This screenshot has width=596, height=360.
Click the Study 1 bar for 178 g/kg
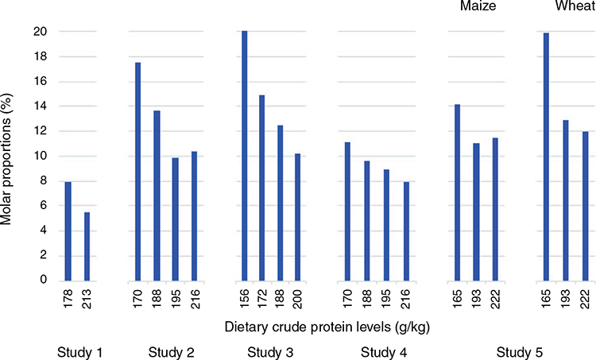click(x=68, y=231)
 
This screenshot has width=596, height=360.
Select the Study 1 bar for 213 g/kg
click(x=87, y=246)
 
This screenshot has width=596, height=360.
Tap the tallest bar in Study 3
click(x=245, y=156)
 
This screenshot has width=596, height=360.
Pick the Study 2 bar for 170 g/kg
click(x=137, y=172)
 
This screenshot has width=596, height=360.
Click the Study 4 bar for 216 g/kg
click(x=406, y=231)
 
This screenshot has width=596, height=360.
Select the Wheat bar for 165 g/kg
click(x=546, y=157)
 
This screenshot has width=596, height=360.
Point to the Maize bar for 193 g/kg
click(x=476, y=212)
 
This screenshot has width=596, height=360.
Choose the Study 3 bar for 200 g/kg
click(x=298, y=218)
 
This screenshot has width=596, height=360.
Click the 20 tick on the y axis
click(x=40, y=32)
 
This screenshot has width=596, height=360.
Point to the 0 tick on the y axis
click(x=44, y=280)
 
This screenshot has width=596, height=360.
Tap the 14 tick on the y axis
click(x=40, y=106)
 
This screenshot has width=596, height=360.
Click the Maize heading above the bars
click(x=478, y=6)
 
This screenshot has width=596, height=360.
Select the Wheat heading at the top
click(x=575, y=6)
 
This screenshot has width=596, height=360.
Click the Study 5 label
click(x=519, y=352)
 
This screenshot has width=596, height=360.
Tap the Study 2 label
click(x=171, y=352)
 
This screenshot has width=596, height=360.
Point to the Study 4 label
click(x=384, y=352)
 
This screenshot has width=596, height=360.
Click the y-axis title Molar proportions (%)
click(x=6, y=159)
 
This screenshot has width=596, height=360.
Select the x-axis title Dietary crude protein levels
click(x=327, y=327)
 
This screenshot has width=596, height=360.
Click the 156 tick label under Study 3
click(x=245, y=299)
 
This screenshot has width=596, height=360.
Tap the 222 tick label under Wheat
click(x=586, y=299)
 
